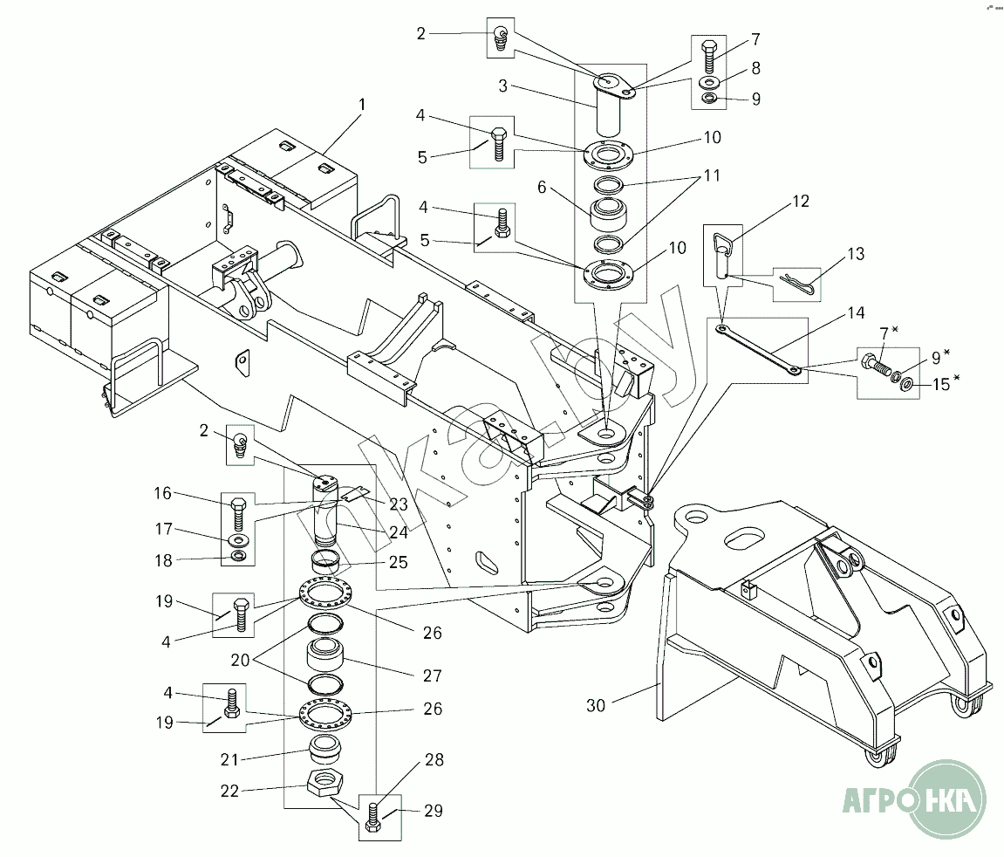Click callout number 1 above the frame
pos(362,104)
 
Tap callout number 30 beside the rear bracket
pos(596,705)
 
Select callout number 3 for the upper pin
pos(502,86)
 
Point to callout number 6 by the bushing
pos(542,187)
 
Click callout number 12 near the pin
pos(801,201)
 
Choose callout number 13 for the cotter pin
pos(856,254)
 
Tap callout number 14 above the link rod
pos(856,312)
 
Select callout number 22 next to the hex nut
pos(229,791)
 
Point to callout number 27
pos(432,675)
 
